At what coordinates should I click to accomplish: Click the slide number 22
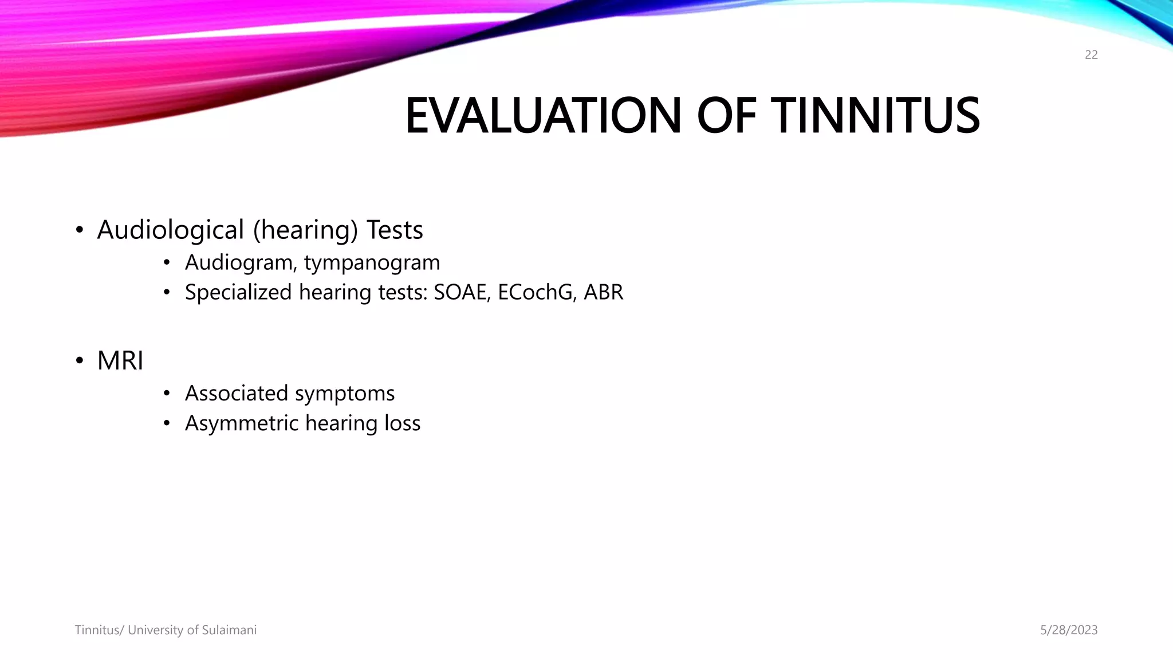(x=1091, y=55)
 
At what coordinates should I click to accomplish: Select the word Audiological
(x=171, y=230)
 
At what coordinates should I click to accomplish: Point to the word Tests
(x=395, y=230)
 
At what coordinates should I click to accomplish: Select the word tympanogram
(x=372, y=263)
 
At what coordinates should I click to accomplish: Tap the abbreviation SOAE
(x=462, y=292)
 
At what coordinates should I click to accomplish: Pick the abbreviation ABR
(x=603, y=292)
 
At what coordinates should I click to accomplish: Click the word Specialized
(x=238, y=292)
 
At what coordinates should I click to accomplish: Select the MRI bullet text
(x=120, y=361)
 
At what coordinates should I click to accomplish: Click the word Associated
(x=237, y=394)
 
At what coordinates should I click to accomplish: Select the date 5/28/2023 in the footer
(x=1069, y=630)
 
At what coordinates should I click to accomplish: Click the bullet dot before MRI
(x=80, y=362)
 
